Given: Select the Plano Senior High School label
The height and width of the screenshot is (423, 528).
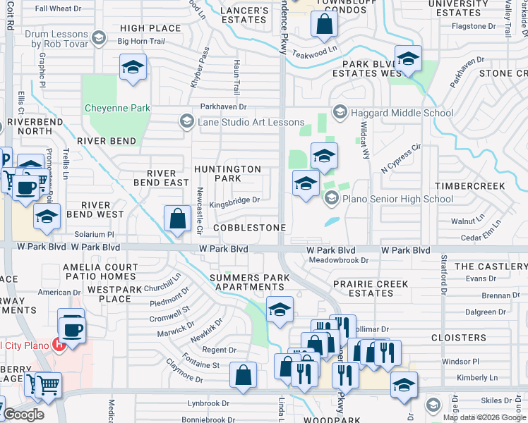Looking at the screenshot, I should coord(397,200).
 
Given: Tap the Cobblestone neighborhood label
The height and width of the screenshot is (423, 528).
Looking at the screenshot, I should coord(249,228).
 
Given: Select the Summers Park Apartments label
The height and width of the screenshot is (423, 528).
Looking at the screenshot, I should coord(249,283).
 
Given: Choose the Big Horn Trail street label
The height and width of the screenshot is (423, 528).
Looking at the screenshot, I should coord(140,42).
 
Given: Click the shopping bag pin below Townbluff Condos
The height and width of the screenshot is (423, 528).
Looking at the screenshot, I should coord(323,25).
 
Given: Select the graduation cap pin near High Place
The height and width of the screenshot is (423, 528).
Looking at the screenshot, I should coord(133,68).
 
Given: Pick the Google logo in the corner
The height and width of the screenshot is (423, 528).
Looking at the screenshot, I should coord(23,415).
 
